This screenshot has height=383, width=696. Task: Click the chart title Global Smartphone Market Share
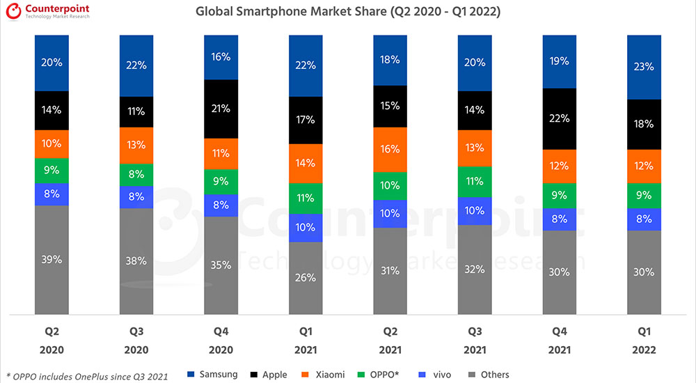click(348, 12)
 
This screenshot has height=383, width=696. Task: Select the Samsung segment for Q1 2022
click(644, 67)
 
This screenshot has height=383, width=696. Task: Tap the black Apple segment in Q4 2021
click(560, 119)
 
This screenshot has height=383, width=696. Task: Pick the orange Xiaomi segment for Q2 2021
click(390, 149)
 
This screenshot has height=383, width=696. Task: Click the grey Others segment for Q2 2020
click(52, 259)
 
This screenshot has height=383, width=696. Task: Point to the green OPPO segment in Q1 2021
click(306, 198)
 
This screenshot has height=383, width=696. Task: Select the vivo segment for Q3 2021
click(475, 210)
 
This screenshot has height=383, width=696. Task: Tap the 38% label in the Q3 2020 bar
click(136, 261)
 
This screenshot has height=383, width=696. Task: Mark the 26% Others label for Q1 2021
click(306, 278)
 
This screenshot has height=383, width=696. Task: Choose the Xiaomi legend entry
click(324, 375)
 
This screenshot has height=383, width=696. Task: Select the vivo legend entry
click(436, 375)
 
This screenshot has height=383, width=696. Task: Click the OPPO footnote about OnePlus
click(86, 376)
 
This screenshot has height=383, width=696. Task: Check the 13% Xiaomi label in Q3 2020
click(136, 145)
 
